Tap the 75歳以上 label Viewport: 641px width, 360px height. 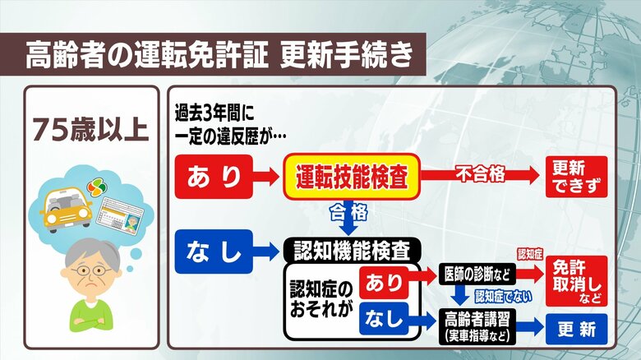pos(90,130)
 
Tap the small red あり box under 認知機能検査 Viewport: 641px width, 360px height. pos(383,284)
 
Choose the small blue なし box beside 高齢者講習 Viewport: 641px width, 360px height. pos(383,319)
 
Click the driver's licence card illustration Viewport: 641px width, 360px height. pos(119,218)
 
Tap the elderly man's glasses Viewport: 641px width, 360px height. pos(90,272)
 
